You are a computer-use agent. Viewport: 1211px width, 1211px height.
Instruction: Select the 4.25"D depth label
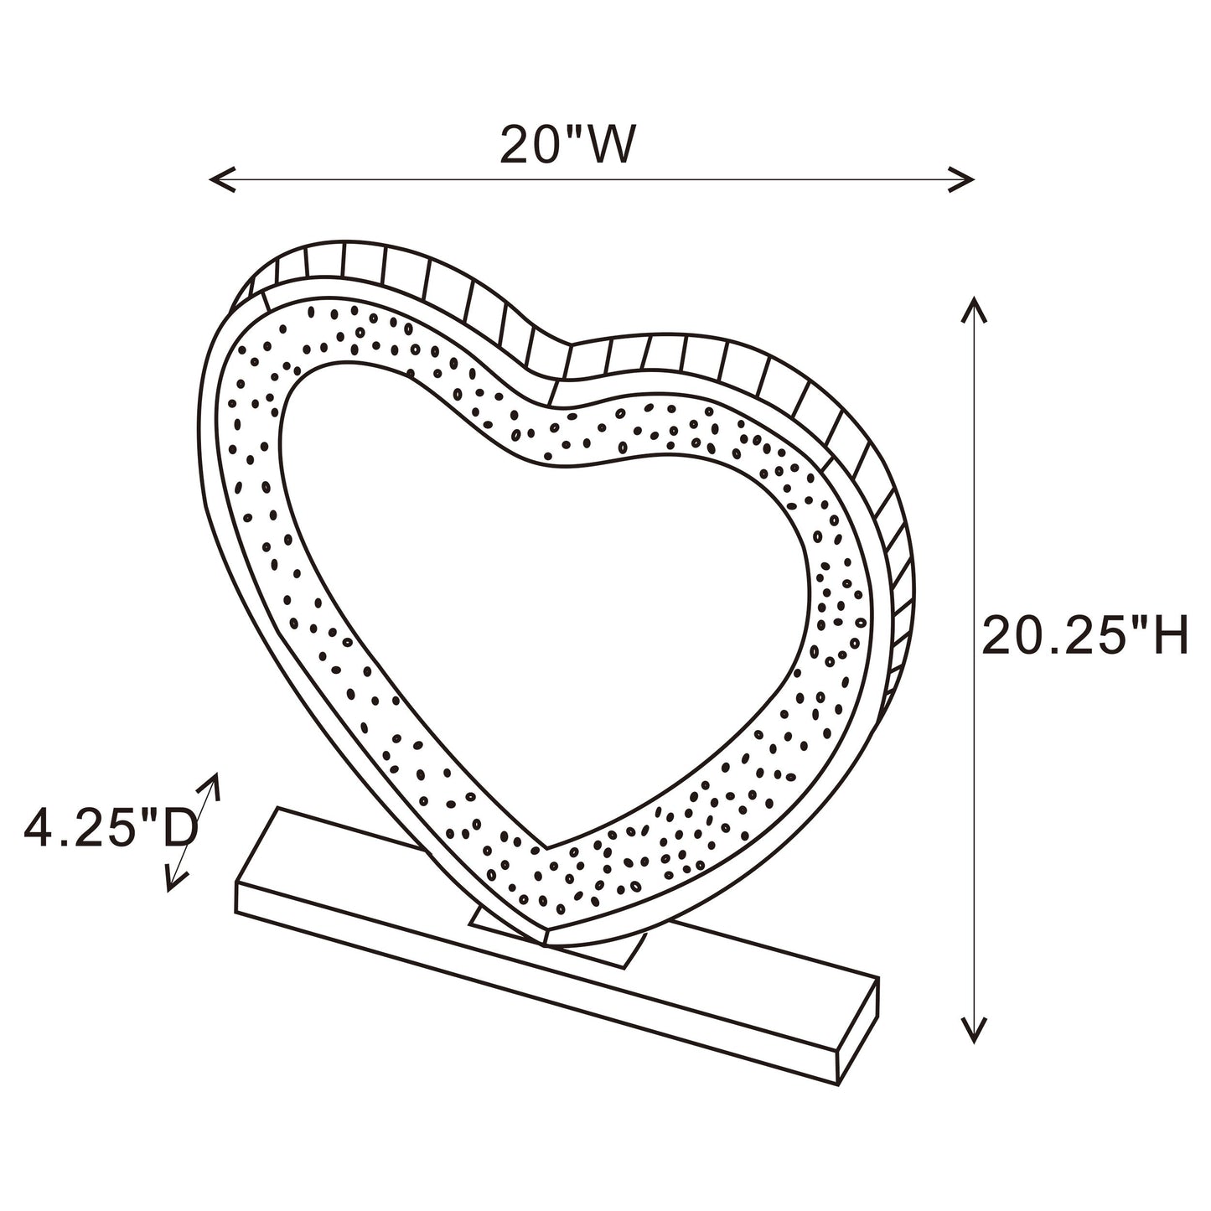[x=110, y=829]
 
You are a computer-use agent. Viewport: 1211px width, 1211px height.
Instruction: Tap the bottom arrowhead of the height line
[x=973, y=1036]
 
